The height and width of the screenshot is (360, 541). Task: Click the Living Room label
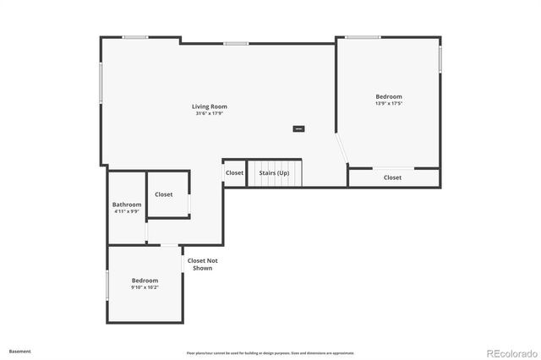(210, 106)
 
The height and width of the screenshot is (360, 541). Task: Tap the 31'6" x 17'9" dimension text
(210, 113)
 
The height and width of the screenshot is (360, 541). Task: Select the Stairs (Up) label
(274, 173)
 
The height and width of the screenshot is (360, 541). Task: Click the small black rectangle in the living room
(298, 128)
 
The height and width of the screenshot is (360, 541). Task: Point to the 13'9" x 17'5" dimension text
(389, 104)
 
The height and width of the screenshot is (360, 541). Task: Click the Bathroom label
(127, 205)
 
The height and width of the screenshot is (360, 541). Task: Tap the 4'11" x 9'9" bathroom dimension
(127, 211)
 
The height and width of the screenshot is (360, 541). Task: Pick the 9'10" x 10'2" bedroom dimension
(145, 287)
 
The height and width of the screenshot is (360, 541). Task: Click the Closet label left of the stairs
(234, 173)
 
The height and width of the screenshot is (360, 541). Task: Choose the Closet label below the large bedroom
(392, 177)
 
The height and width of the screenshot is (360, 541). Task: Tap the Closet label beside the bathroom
(164, 194)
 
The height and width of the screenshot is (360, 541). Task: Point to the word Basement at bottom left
(20, 350)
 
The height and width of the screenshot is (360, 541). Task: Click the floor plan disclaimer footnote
(270, 352)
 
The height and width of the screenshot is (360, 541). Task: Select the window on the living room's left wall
(101, 85)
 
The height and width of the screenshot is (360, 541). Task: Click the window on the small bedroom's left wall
(107, 285)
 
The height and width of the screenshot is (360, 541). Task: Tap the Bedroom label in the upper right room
(389, 97)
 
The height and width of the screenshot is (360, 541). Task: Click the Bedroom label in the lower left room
(145, 281)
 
